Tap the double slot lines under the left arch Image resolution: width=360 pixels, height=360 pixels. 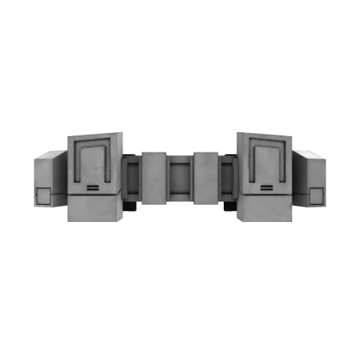click(92, 187)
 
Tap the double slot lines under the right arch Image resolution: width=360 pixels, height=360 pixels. click(267, 187)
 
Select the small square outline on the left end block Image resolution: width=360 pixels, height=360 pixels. click(44, 195)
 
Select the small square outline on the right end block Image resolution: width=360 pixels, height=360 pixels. click(315, 195)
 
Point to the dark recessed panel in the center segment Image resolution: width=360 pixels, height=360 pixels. click(180, 177)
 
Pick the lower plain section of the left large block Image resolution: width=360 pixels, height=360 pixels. click(93, 211)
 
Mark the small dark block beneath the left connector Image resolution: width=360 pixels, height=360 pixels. click(130, 207)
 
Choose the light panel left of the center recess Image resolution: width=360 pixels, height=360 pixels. click(155, 177)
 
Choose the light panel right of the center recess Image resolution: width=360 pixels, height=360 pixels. click(205, 177)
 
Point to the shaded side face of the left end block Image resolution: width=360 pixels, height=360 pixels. click(60, 182)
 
